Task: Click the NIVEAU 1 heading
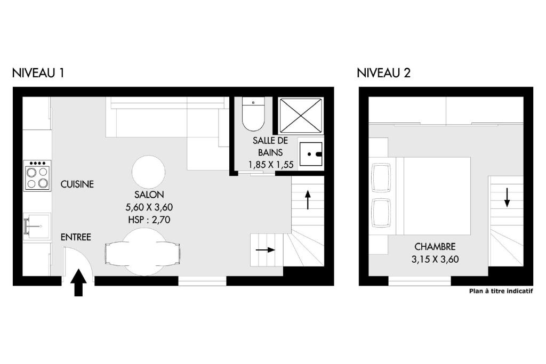(x=38, y=73)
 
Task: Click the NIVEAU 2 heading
(x=383, y=73)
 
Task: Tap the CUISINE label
(x=77, y=184)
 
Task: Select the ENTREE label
(x=76, y=237)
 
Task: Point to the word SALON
(x=149, y=195)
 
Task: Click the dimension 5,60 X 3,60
(x=149, y=207)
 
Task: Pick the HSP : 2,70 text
(x=149, y=220)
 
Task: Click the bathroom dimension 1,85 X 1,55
(x=270, y=164)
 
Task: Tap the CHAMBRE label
(x=435, y=247)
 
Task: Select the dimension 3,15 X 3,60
(x=435, y=259)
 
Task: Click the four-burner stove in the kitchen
(x=37, y=175)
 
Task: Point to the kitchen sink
(x=37, y=226)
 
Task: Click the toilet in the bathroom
(x=253, y=114)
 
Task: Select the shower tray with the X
(x=301, y=116)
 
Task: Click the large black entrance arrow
(x=79, y=282)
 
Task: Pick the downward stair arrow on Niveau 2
(x=507, y=197)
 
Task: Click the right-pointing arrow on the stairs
(x=266, y=250)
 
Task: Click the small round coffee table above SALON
(x=148, y=172)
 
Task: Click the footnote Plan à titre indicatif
(x=501, y=292)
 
